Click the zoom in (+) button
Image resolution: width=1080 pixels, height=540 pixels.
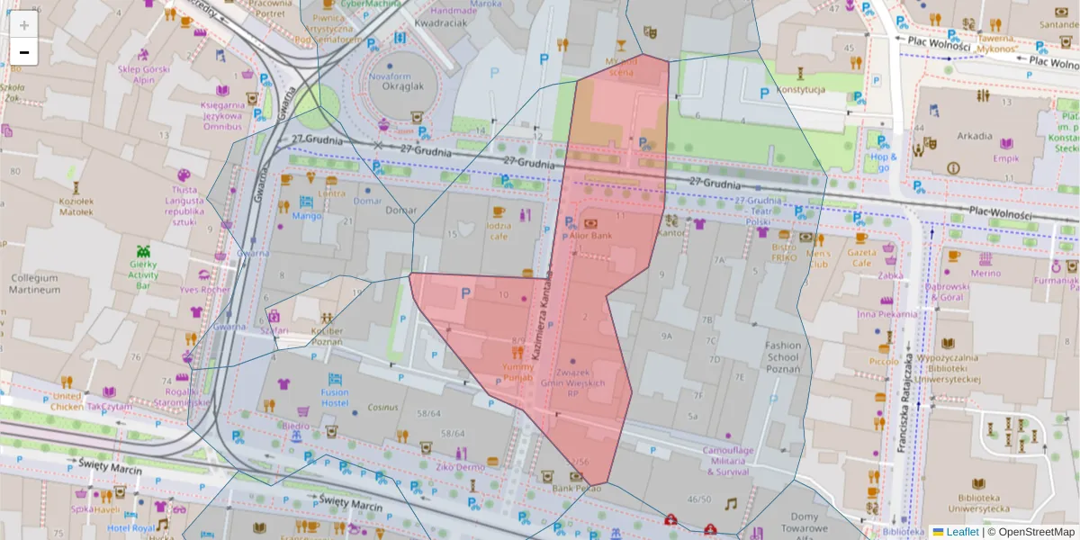24,25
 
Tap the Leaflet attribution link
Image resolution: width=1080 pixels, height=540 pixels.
961,532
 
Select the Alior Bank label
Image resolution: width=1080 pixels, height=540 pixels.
590,235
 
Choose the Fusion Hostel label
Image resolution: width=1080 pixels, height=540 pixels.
335,397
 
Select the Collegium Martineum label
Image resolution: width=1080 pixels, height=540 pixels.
34,283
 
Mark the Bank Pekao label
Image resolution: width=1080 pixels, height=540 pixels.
576,489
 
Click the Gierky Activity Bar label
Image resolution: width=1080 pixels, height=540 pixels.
143,274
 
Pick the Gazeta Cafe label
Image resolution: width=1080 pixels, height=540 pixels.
861,257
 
